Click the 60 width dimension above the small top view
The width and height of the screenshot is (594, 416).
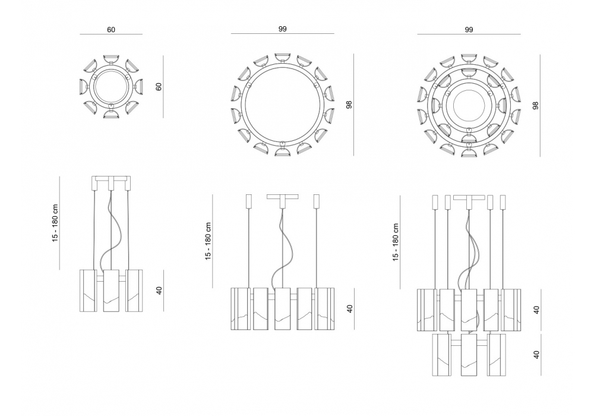point(111,30)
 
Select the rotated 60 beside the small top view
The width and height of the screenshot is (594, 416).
point(159,86)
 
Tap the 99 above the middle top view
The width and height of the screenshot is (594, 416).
point(282,29)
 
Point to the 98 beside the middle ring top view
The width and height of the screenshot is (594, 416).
point(349,105)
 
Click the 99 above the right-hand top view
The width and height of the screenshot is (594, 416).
point(469,30)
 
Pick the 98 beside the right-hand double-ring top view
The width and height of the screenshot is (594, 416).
point(535,105)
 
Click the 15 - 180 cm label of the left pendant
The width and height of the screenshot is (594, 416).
point(56,223)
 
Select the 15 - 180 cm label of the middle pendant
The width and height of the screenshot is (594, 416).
point(208,241)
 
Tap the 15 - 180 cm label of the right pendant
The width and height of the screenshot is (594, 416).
point(396,242)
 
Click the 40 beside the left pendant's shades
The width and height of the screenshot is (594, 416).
point(159,291)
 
